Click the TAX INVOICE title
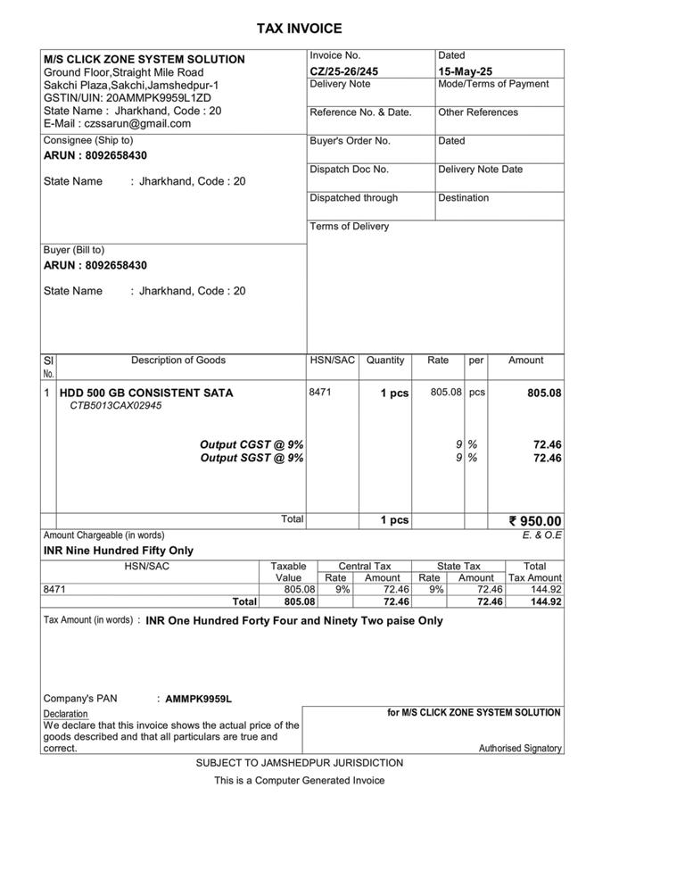[299, 29]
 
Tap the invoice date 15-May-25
[465, 71]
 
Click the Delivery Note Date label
[480, 170]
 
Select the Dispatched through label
[353, 198]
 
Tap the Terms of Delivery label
[349, 227]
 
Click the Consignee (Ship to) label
[88, 140]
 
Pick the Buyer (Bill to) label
[74, 251]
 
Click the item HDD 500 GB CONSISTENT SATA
[146, 393]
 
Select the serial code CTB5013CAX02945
[116, 406]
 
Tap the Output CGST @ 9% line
[252, 444]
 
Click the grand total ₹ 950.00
[535, 521]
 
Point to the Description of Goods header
[178, 361]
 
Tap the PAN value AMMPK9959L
[198, 700]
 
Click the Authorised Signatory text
[520, 749]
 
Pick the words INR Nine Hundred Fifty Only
[119, 551]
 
